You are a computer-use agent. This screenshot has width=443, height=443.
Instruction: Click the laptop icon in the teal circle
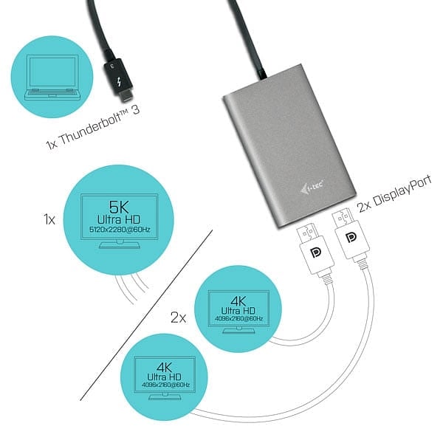point(53,78)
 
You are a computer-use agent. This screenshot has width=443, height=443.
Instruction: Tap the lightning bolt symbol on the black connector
point(119,83)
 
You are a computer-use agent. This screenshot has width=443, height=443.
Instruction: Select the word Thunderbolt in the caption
point(95,128)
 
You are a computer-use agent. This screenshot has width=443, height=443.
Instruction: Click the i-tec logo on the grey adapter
point(312,187)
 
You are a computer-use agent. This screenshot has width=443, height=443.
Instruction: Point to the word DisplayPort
point(402,191)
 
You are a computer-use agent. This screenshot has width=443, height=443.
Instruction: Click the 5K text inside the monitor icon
point(119,207)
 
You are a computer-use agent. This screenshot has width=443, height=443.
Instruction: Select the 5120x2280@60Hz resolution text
point(120,230)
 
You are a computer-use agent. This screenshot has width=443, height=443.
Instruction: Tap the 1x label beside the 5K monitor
point(49,219)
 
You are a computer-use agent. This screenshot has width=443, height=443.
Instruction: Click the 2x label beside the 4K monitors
point(178,317)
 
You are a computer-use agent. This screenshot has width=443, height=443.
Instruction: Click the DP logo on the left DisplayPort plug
point(315,253)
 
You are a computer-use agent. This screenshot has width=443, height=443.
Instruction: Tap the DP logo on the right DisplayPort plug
point(351,237)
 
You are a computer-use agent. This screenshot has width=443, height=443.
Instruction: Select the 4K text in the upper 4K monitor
point(238,301)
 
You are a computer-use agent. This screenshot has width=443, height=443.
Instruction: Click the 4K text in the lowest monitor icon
point(164,367)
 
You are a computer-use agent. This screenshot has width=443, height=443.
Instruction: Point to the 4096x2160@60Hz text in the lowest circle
point(165,385)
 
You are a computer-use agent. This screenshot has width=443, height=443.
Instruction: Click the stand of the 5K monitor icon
point(120,244)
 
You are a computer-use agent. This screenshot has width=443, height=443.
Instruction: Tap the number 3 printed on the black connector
point(112,66)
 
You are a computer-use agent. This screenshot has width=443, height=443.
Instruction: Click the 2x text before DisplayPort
point(364,207)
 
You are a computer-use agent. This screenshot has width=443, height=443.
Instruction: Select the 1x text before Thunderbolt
point(52,144)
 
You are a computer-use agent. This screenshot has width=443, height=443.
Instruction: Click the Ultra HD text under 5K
point(119,220)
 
